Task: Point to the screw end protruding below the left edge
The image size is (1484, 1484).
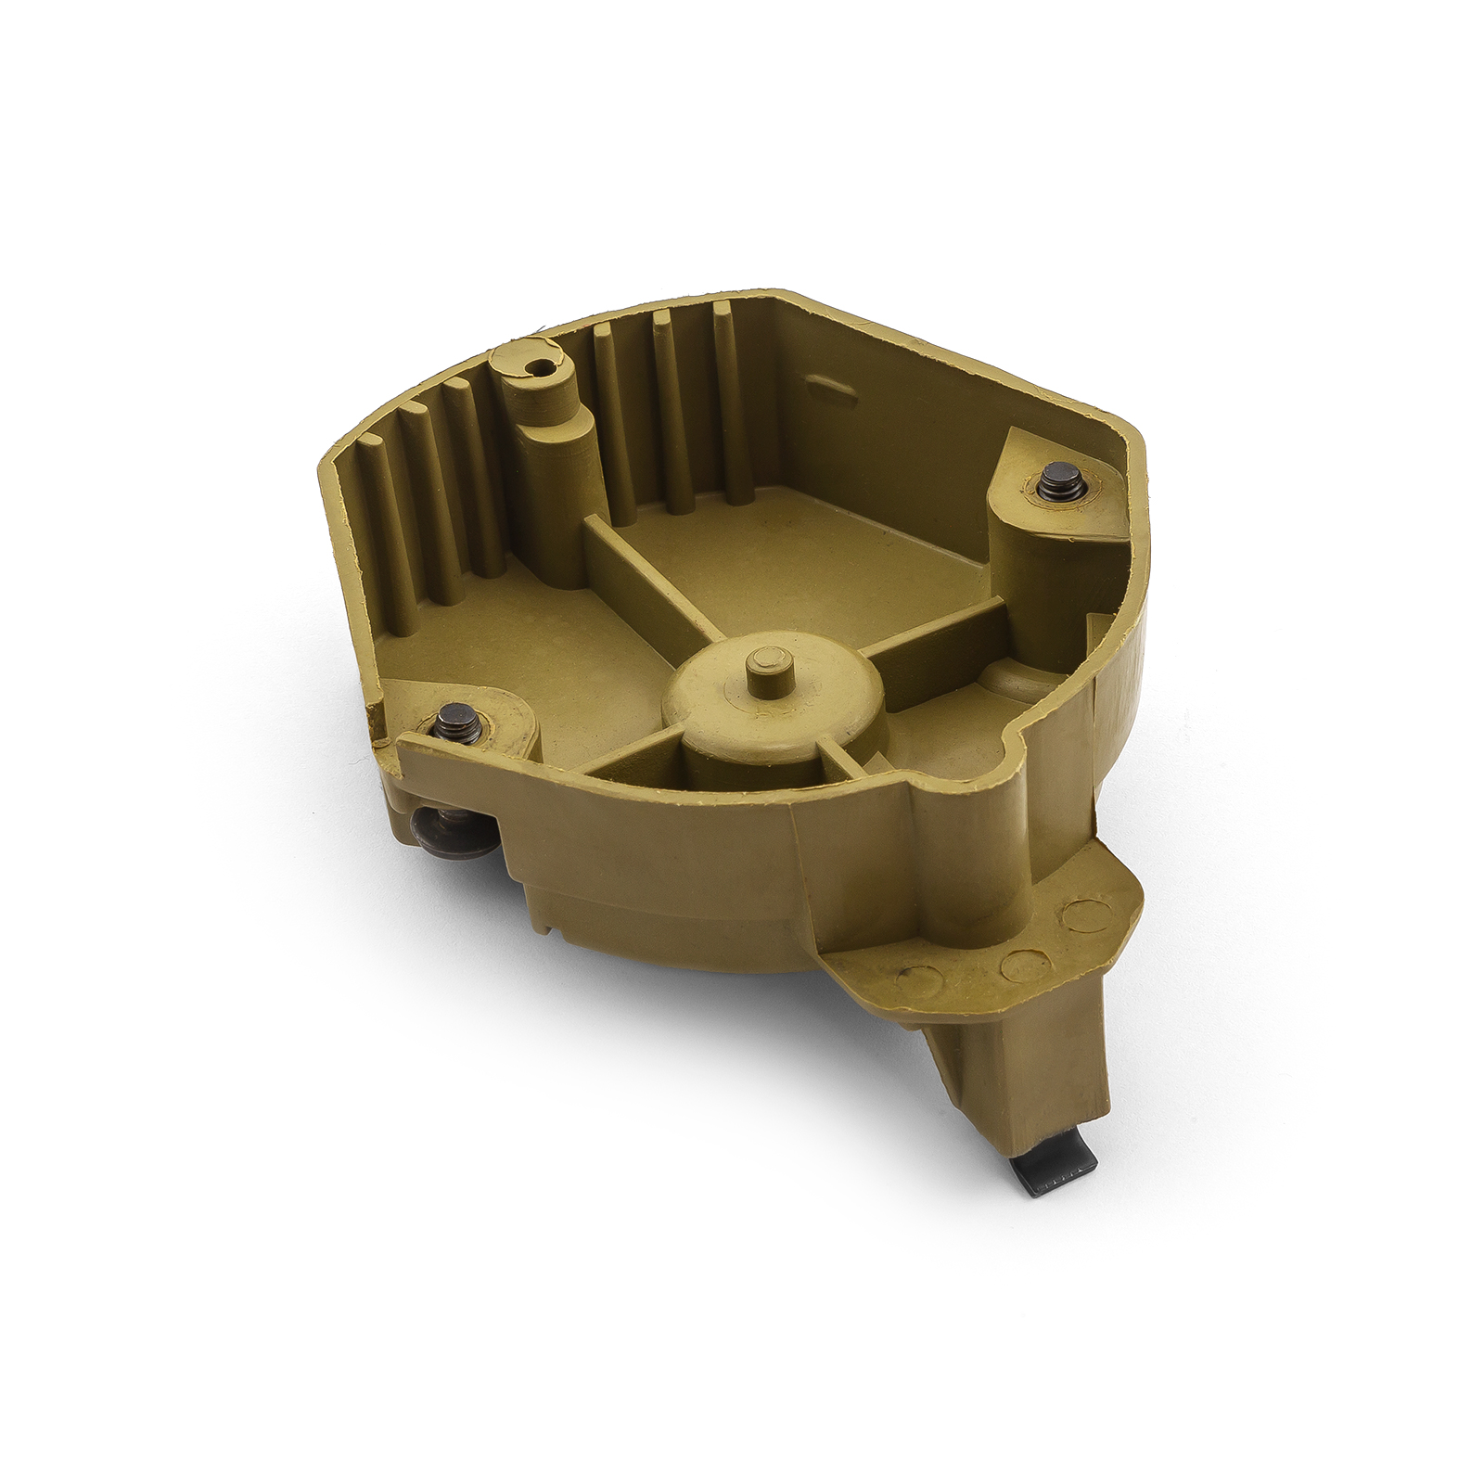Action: (x=429, y=824)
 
